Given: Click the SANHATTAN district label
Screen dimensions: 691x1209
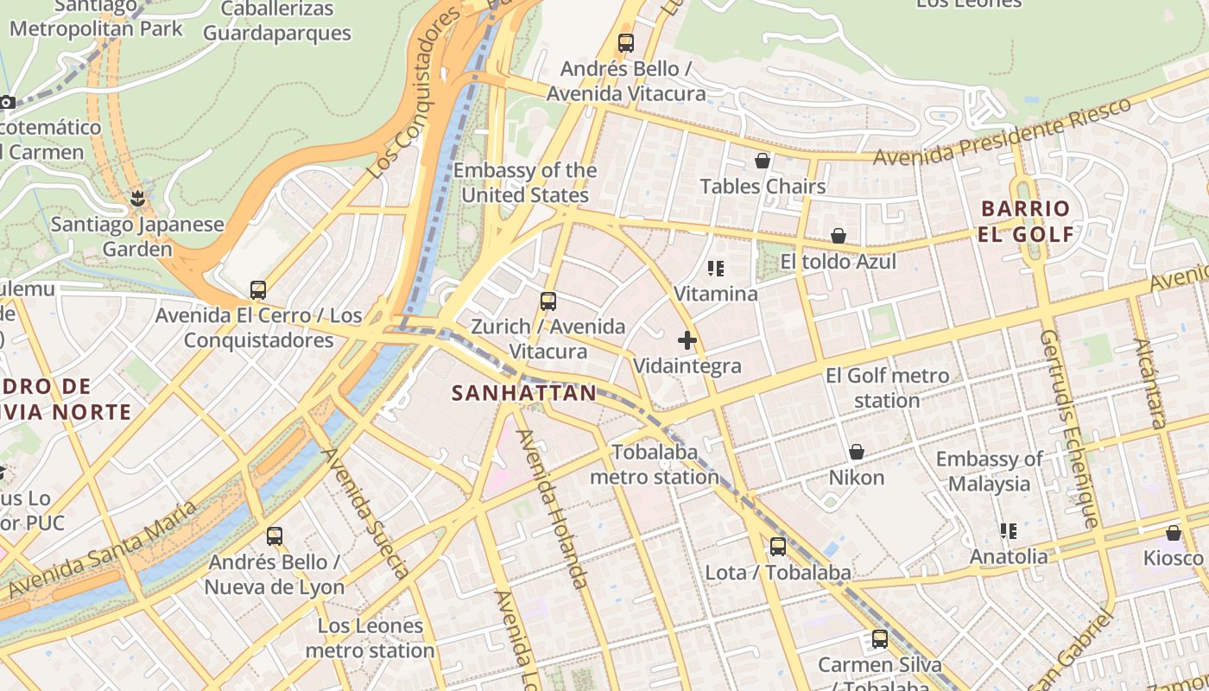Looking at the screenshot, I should coord(524,394).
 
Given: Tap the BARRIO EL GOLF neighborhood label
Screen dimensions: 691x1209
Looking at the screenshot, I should coord(1026,221).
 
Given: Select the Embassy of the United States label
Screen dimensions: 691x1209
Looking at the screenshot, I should coord(525,182).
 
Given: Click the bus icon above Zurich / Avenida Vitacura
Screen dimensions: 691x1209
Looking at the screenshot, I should coord(548,301).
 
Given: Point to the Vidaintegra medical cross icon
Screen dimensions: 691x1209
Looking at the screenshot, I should coord(687,340).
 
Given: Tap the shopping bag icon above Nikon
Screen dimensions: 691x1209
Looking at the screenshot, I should coord(857,452).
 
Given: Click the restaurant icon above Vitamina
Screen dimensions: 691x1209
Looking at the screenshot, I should coord(715,269).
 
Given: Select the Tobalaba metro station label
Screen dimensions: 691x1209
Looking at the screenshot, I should coord(654,465).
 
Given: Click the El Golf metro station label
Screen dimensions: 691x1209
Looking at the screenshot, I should coord(887,388).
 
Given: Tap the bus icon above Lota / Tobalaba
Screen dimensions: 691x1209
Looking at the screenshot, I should coord(778,546).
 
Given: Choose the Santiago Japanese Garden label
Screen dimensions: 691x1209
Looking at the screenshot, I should coord(137,237).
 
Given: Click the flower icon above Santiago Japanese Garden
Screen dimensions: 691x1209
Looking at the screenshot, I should coord(136,200).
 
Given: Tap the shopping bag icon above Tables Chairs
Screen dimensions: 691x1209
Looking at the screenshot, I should coord(763,161).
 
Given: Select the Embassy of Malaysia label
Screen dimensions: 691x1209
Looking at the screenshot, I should coord(990,471).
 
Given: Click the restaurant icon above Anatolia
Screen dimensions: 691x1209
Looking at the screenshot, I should coord(1008,530).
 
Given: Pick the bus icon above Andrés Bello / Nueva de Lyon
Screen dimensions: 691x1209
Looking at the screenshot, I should coord(275,536).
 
